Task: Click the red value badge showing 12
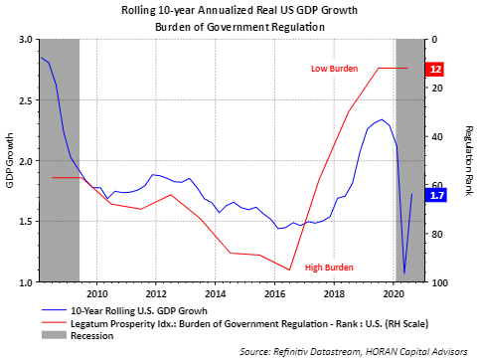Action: (435, 69)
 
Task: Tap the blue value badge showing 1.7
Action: (436, 195)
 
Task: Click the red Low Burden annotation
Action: (334, 69)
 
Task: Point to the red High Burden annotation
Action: (329, 268)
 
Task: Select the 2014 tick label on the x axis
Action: (216, 294)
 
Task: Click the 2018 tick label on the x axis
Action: (334, 294)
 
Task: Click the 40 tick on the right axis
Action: (437, 136)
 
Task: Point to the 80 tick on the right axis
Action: (437, 234)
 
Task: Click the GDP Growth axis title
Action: (10, 160)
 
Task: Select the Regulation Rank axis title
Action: (468, 161)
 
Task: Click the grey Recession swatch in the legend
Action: (54, 335)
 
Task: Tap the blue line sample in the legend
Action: (54, 310)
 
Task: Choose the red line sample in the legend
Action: (54, 322)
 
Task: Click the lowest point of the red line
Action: (289, 270)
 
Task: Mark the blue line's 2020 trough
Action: (404, 273)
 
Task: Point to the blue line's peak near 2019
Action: (382, 119)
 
